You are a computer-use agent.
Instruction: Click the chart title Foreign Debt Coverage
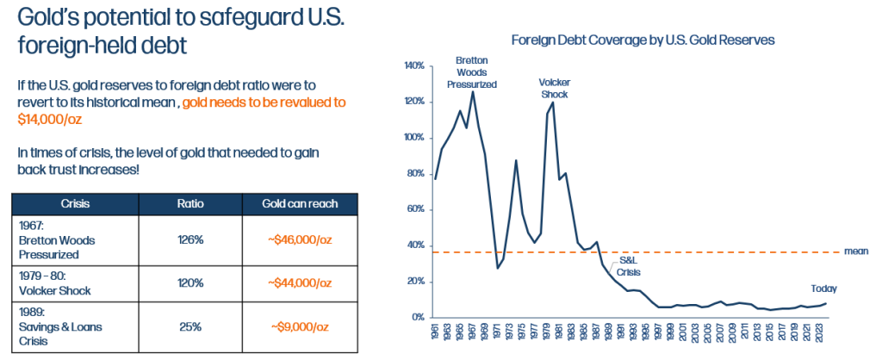(x=643, y=40)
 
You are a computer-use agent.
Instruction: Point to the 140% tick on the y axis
(x=413, y=65)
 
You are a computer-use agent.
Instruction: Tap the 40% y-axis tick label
(x=415, y=245)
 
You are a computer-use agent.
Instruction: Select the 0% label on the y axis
(x=418, y=318)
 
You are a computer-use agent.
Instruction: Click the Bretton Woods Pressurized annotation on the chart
(x=471, y=72)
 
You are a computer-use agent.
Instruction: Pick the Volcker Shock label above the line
(x=555, y=88)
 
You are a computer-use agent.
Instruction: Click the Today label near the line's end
(x=823, y=289)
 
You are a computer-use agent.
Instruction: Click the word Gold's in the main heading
(x=50, y=17)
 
